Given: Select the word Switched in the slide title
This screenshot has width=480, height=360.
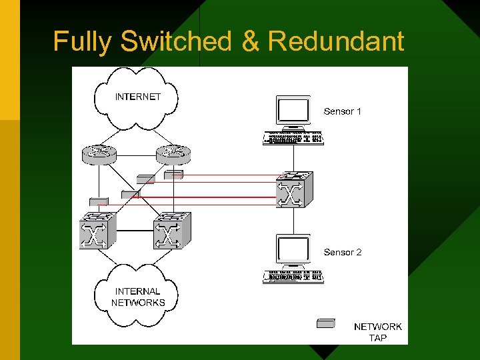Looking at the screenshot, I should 176,41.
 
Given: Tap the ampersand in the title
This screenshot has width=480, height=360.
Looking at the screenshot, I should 251,41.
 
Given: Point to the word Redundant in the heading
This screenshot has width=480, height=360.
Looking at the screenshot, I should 335,41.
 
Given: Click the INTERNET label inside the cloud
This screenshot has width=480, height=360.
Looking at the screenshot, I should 138,97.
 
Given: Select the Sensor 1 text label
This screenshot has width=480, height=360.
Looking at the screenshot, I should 342,111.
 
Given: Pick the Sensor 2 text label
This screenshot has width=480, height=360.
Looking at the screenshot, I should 342,252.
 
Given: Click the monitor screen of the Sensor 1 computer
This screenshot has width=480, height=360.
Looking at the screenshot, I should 293,110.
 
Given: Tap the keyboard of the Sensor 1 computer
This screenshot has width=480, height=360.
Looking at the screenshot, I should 293,139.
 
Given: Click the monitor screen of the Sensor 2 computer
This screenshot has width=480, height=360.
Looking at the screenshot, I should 293,250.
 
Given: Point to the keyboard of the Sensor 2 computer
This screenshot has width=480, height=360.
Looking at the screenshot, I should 293,277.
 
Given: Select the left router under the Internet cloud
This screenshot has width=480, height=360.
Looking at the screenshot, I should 99,155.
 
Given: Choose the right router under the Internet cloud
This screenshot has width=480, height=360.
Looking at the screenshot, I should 173,155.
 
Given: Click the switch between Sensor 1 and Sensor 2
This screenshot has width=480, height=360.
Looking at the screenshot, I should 294,189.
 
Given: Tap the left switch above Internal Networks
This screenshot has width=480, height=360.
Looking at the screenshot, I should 98,231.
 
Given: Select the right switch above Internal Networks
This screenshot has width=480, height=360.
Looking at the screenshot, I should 172,231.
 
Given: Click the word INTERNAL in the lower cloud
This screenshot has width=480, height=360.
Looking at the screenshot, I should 138,291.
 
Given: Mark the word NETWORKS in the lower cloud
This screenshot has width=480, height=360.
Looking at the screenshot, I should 138,302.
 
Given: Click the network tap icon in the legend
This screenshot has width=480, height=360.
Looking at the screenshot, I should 325,324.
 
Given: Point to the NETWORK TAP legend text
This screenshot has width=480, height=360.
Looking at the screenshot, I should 377,332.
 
